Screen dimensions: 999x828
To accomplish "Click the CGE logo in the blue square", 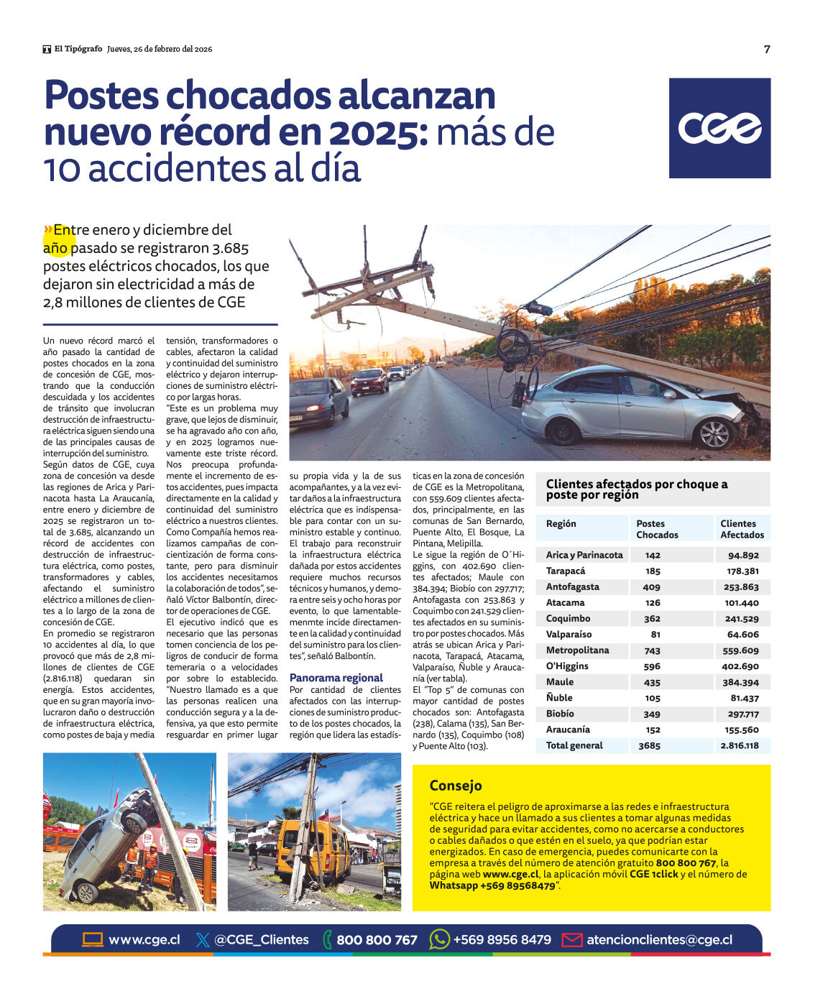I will (x=719, y=128).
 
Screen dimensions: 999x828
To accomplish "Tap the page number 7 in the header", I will (x=767, y=49).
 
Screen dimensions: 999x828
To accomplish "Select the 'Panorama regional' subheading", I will (x=336, y=678).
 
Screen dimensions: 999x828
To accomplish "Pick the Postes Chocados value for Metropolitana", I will (x=652, y=650).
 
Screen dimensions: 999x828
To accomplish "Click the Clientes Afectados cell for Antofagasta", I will (x=741, y=587).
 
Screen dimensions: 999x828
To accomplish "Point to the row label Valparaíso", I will (x=569, y=635).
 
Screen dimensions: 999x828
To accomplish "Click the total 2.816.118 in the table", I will (x=740, y=745).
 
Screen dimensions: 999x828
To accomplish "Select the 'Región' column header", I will (x=561, y=524).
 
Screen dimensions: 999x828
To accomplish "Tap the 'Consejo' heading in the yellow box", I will (x=456, y=786).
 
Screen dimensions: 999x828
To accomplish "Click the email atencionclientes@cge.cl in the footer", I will (x=659, y=939).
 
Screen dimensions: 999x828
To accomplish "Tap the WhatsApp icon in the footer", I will (x=439, y=939).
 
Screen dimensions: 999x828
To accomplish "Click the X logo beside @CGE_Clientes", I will (x=203, y=939).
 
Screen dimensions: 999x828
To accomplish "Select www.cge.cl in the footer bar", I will (x=144, y=939).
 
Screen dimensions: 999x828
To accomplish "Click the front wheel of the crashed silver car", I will (x=714, y=434).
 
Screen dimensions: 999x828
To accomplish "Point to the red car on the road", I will (x=369, y=380).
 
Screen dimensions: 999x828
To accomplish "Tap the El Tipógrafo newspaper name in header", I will (x=78, y=49).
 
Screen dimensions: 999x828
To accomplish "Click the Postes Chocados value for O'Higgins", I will (x=652, y=666).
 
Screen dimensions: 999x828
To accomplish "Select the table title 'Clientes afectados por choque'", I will (x=636, y=489).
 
